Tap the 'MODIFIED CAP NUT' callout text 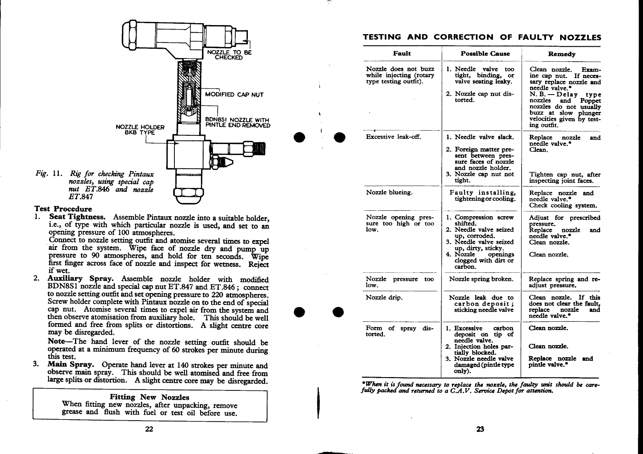tap(234, 95)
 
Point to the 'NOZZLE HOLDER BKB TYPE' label tap(140, 129)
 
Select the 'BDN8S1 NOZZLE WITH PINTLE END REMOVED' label tap(238, 123)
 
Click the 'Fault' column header tap(402, 53)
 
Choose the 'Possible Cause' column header tap(485, 53)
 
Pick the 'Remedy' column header tap(562, 54)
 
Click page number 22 tap(149, 429)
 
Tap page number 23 tap(480, 429)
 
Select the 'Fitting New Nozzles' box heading tap(149, 397)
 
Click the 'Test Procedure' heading tap(63, 209)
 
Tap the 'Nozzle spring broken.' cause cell tap(481, 279)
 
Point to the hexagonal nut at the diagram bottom tap(189, 193)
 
